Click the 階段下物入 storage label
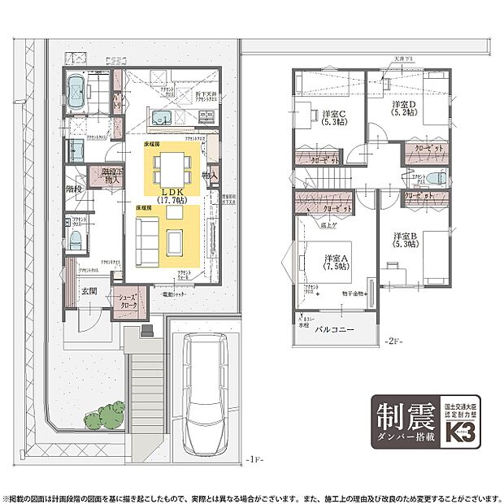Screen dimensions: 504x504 pyautogui.click(x=112, y=176)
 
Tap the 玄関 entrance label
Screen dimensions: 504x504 pyautogui.click(x=88, y=290)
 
